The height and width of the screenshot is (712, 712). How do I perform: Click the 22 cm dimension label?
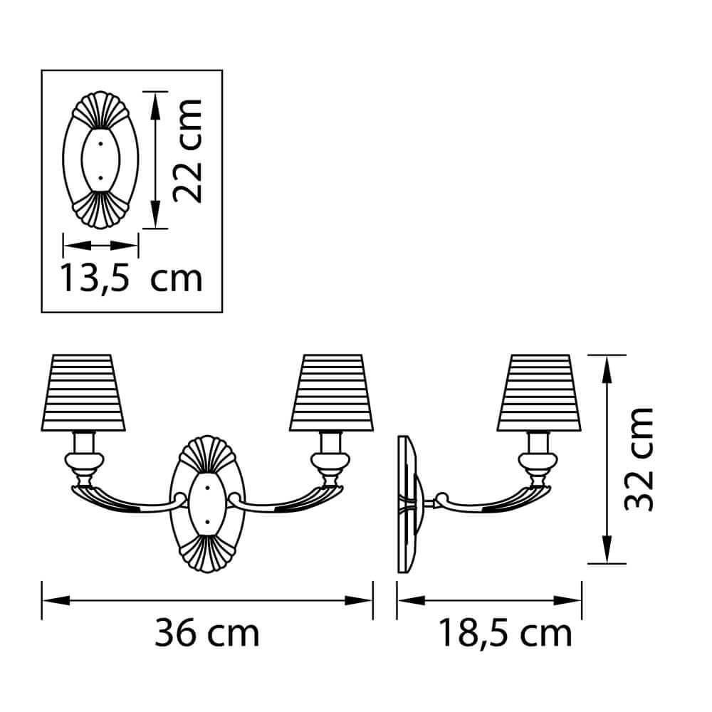(x=187, y=150)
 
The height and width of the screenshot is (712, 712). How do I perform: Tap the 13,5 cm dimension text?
(x=131, y=278)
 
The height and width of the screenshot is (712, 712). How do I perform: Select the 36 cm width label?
(x=206, y=633)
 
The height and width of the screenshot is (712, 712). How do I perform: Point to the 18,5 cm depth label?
(x=505, y=634)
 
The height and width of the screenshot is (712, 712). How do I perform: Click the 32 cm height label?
(x=639, y=459)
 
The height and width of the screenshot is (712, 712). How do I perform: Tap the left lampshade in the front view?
(x=83, y=393)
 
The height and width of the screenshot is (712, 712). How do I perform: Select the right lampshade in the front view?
(x=332, y=393)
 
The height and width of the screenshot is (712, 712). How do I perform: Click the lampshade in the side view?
(x=539, y=393)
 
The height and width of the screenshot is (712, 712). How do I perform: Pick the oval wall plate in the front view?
(x=207, y=504)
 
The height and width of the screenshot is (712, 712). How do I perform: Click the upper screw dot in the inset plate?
(x=100, y=144)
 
